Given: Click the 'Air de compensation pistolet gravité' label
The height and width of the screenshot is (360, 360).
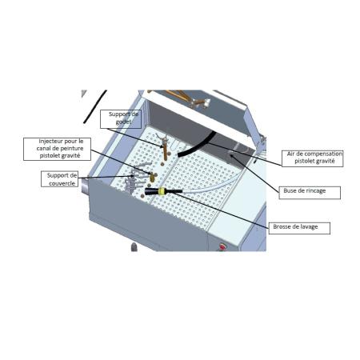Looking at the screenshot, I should [x=313, y=158].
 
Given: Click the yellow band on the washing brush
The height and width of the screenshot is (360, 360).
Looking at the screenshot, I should [x=162, y=192].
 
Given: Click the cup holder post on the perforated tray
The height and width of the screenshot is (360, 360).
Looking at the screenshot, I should [x=165, y=148].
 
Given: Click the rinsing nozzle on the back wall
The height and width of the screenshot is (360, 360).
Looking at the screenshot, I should [x=232, y=152].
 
